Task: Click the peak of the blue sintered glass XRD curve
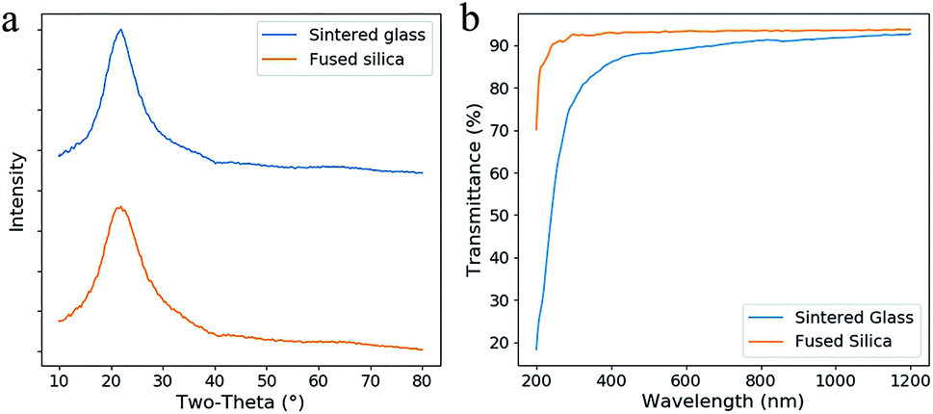pyautogui.click(x=120, y=29)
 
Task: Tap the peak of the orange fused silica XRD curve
pyautogui.click(x=119, y=207)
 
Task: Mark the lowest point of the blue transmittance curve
pyautogui.click(x=536, y=349)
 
